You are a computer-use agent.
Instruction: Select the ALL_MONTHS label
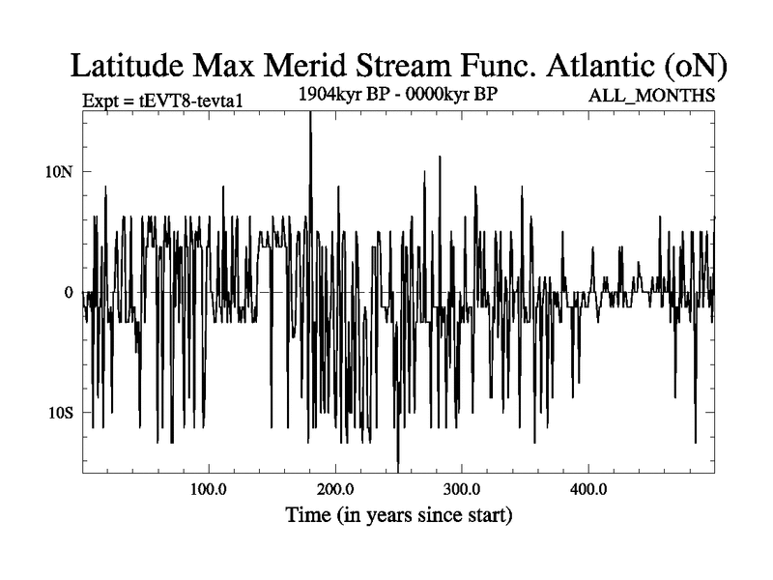[652, 97]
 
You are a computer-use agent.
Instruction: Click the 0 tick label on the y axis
[69, 292]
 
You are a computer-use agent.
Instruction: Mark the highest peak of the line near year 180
[310, 113]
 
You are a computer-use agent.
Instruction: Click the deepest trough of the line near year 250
[398, 470]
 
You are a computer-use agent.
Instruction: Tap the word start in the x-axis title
[482, 515]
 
